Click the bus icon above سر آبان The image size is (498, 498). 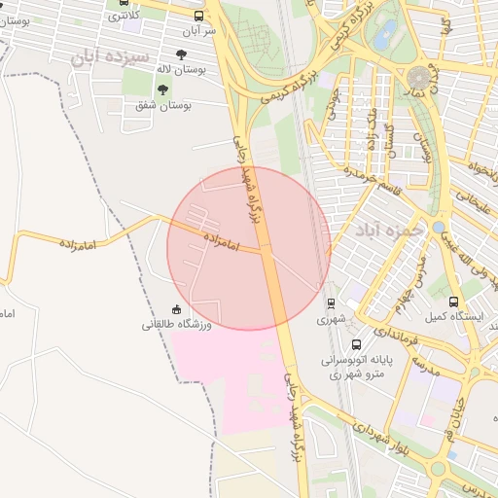coord(198,17)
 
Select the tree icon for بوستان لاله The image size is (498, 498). coord(182,55)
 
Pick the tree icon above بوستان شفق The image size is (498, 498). coord(162,89)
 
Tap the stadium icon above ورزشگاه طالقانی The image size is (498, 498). coord(176,309)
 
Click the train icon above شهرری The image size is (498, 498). coord(331,303)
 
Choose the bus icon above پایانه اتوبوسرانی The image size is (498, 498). coord(357,344)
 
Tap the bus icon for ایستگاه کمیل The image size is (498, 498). coord(453,302)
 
